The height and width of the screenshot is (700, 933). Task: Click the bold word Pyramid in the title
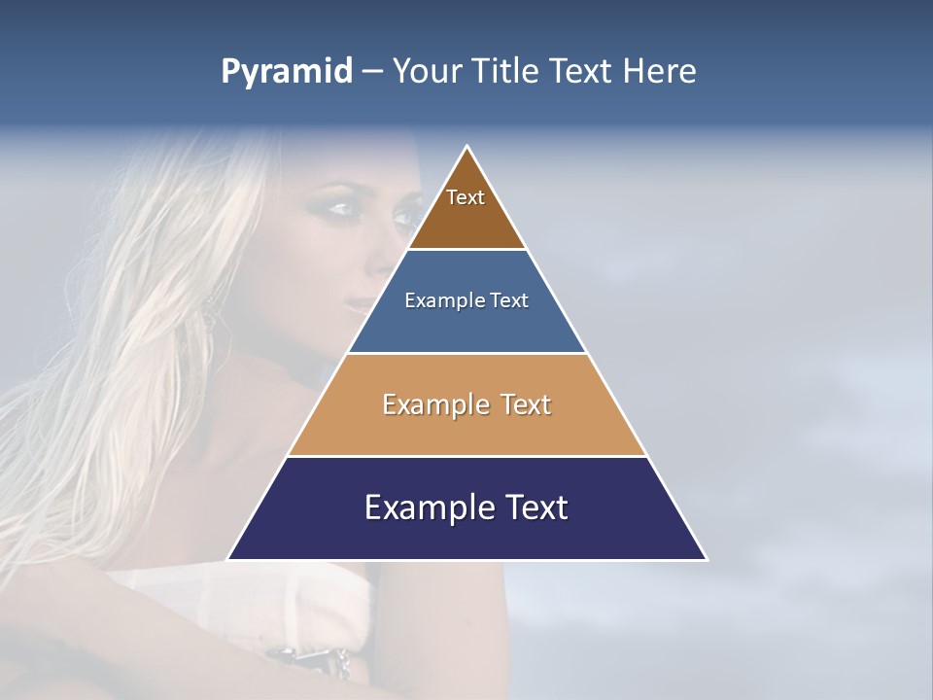tap(287, 72)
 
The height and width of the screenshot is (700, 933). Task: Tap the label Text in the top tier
tap(466, 197)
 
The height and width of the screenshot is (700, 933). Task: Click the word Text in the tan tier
tap(527, 404)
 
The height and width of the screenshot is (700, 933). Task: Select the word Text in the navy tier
tap(533, 507)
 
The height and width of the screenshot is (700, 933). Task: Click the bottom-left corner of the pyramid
tap(228, 559)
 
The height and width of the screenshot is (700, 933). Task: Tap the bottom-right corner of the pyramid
tap(707, 559)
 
